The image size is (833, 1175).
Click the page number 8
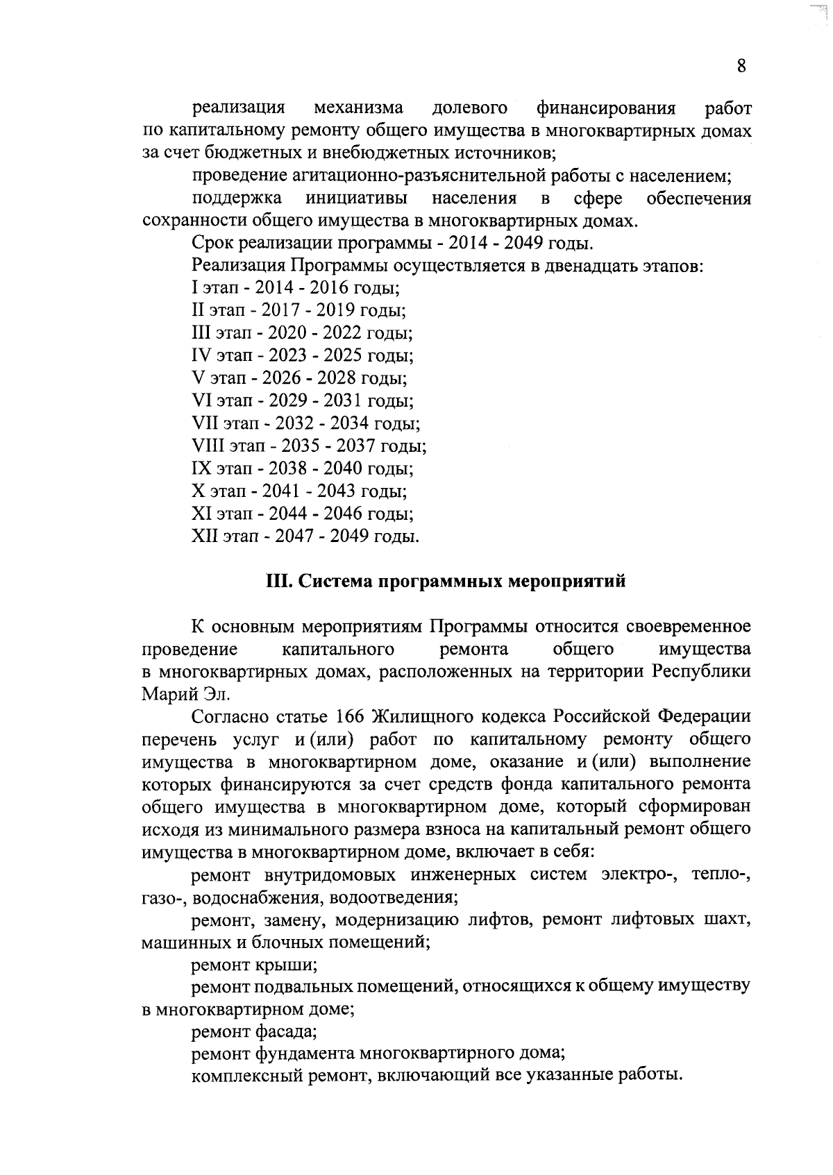(741, 67)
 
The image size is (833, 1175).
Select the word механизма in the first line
(358, 108)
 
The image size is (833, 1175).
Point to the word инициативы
(356, 199)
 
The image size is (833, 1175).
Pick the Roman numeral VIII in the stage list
(206, 446)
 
